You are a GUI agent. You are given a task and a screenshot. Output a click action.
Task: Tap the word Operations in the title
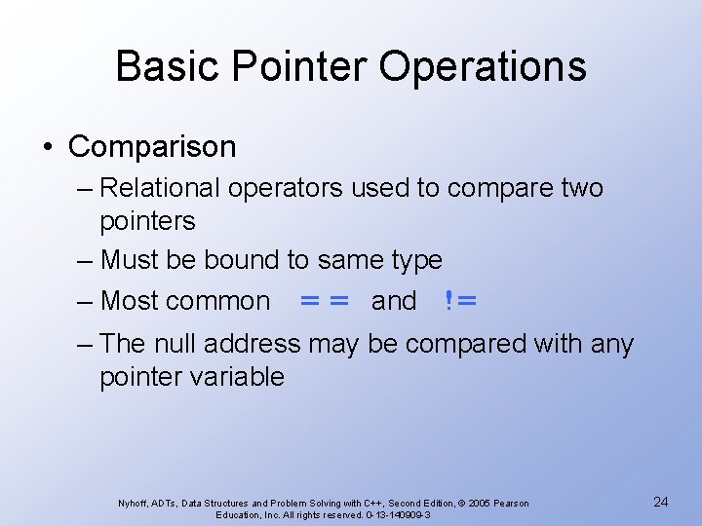click(483, 67)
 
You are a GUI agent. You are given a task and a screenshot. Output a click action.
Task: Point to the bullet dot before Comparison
click(49, 148)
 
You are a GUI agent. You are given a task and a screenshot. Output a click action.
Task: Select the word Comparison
click(152, 147)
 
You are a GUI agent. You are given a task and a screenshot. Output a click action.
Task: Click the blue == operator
click(325, 301)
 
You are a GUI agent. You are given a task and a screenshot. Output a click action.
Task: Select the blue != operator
click(460, 301)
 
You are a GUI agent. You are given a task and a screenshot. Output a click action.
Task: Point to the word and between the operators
click(394, 301)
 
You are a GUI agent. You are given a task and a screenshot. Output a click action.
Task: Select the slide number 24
click(660, 502)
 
